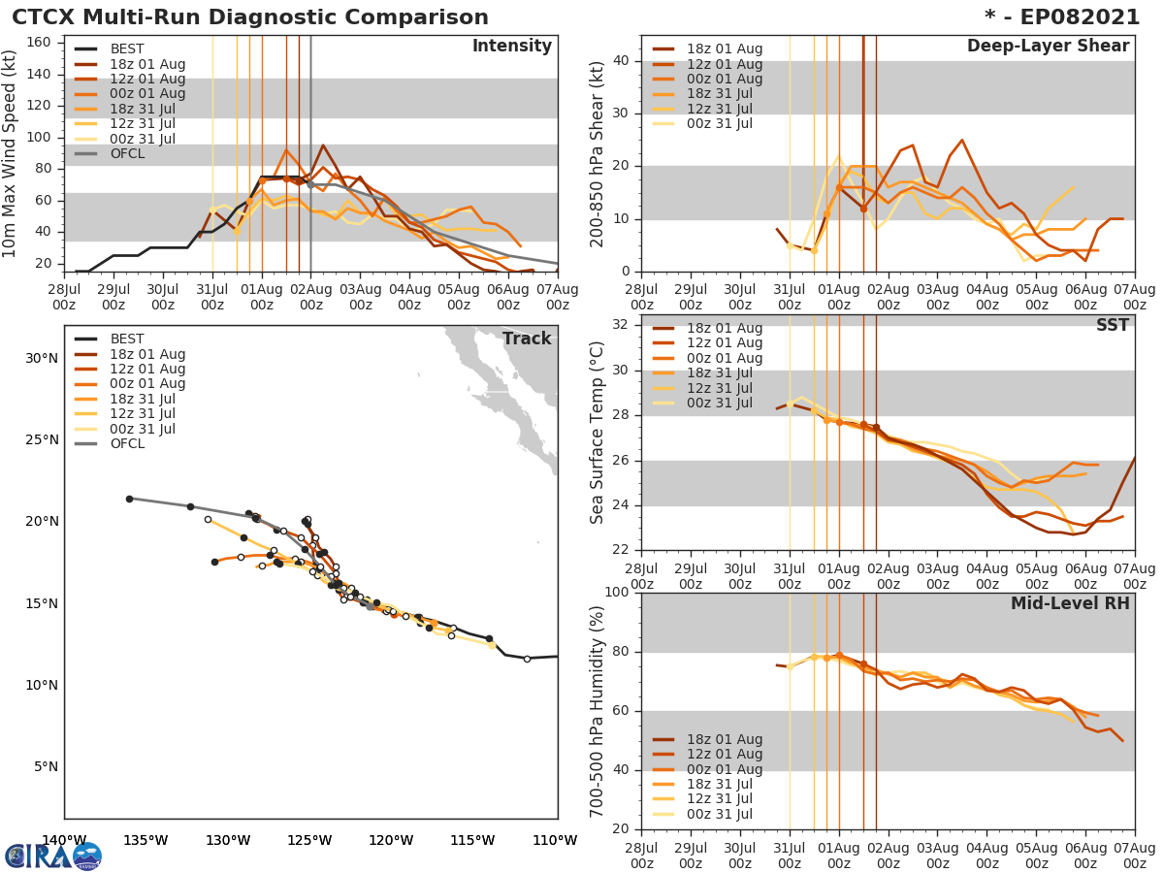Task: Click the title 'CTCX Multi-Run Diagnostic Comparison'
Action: [250, 17]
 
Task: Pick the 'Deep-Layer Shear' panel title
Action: [1048, 47]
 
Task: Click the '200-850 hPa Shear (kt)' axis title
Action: [598, 153]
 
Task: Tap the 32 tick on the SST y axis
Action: [621, 324]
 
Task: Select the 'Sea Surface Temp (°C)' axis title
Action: [598, 433]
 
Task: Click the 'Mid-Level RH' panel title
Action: [1070, 603]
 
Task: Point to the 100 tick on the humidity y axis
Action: [617, 592]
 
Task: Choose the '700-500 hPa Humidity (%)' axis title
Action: [598, 711]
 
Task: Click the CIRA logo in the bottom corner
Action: [53, 856]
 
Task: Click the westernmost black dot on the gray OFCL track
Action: [129, 499]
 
